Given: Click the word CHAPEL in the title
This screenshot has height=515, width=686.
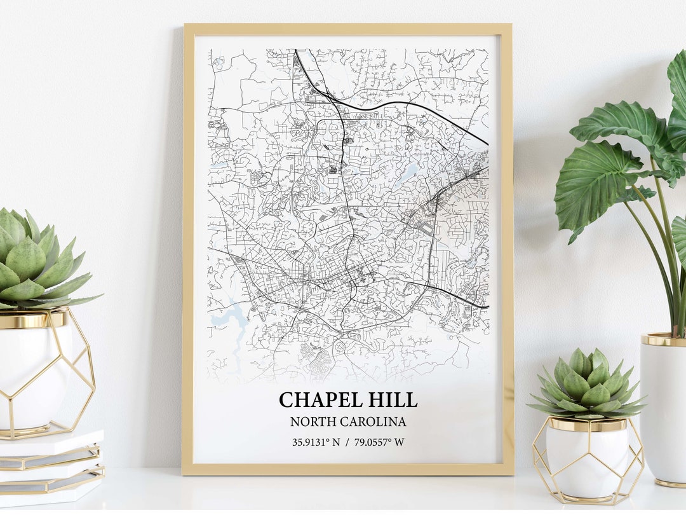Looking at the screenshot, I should pyautogui.click(x=318, y=400).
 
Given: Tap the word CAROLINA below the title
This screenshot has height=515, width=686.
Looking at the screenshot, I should pyautogui.click(x=374, y=422).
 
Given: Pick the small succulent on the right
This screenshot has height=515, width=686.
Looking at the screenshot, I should pyautogui.click(x=588, y=385).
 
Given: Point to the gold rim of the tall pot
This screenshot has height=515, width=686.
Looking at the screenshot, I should pyautogui.click(x=664, y=340).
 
